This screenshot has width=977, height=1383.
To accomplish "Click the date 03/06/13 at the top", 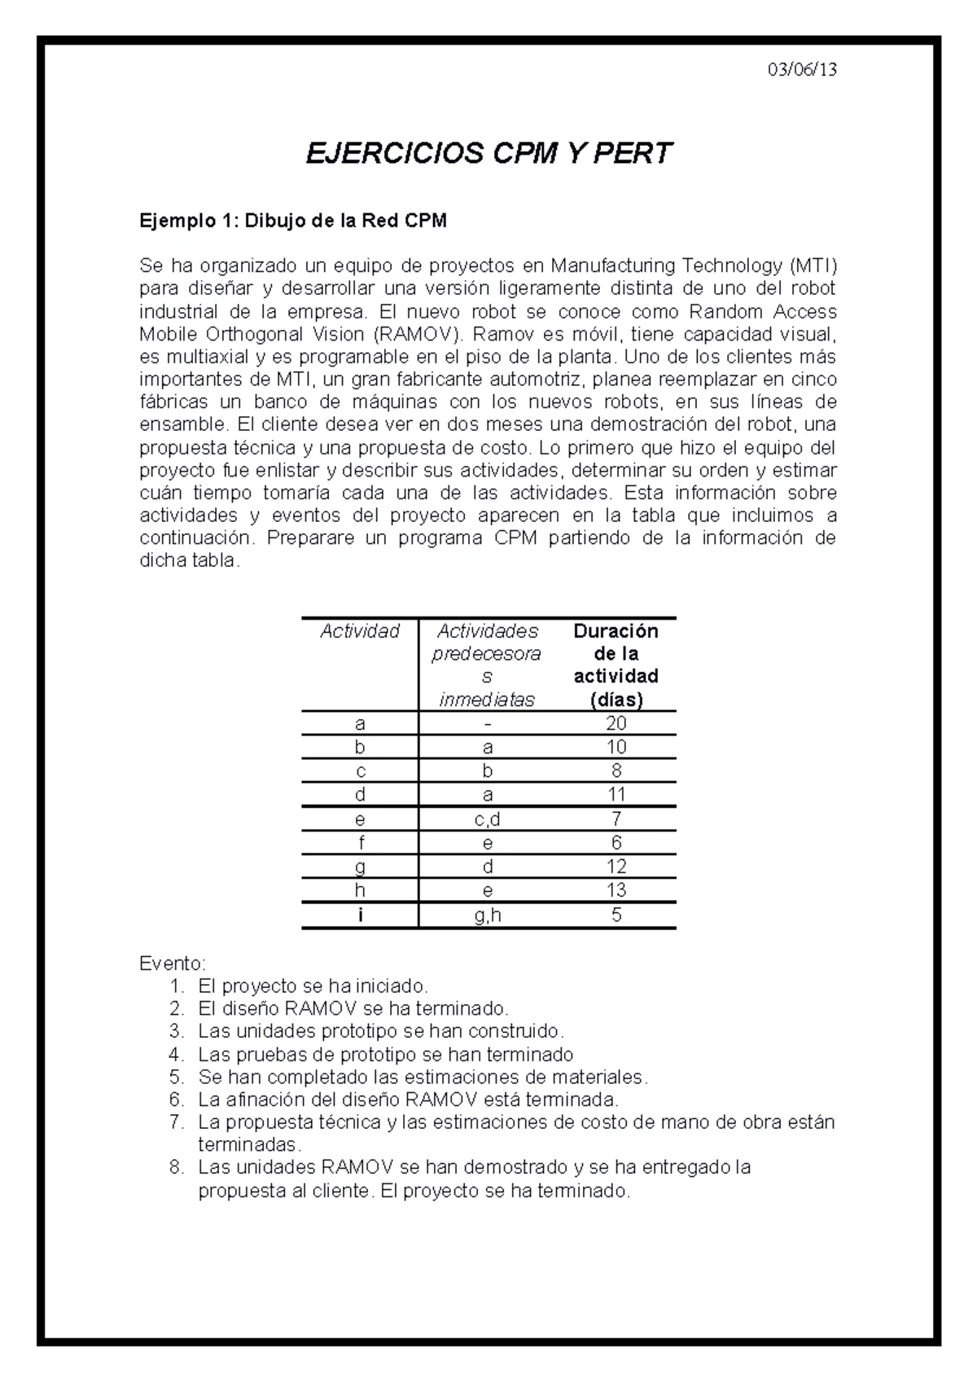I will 802,69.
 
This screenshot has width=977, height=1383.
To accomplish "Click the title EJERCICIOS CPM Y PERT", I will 488,153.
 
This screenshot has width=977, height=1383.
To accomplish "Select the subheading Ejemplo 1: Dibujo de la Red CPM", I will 293,221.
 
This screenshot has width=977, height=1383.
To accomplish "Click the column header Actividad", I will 360,631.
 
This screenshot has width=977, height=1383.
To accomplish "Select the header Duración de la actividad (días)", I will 616,665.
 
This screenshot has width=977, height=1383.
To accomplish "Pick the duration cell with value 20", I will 616,723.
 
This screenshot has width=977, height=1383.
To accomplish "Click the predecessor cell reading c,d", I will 487,819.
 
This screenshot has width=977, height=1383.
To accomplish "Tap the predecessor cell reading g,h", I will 487,915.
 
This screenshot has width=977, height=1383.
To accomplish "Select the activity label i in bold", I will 360,915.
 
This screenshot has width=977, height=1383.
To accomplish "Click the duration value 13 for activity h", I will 616,890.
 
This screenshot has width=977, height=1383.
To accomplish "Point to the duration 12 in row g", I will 616,866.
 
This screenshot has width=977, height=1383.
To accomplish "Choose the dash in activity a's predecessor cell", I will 487,723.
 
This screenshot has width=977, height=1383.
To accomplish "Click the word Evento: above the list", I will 173,964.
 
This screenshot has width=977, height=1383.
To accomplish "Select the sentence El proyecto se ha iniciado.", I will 313,986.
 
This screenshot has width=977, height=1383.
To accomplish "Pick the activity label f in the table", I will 360,842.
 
